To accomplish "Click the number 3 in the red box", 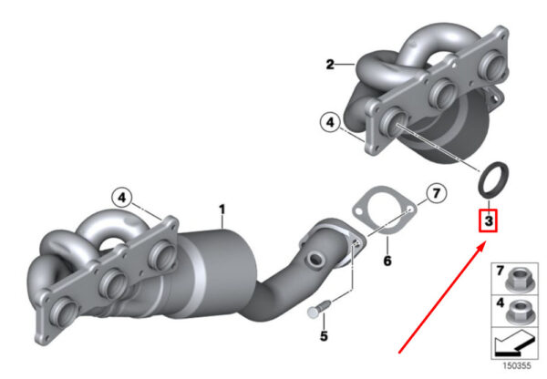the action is (489, 220).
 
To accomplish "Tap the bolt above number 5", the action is (318, 309).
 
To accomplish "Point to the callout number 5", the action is (324, 336).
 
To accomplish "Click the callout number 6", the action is (387, 261).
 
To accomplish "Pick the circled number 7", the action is (437, 193).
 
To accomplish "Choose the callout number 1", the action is (222, 210).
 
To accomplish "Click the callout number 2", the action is (330, 65).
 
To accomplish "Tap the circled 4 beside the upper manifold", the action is (330, 122).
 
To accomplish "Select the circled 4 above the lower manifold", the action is (122, 198).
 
